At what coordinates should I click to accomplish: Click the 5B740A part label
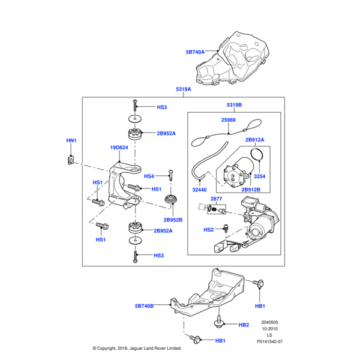coord(195,52)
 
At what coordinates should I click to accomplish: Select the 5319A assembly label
coord(183,89)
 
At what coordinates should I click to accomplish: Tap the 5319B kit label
coord(234,105)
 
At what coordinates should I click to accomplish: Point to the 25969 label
coord(228,120)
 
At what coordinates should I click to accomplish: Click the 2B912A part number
coord(254,140)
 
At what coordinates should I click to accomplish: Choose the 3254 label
coord(259,176)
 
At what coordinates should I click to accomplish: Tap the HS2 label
coord(209,230)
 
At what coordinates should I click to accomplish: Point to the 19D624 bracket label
coord(119,148)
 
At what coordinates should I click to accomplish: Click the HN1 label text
coord(71,141)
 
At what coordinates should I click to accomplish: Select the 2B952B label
coord(173,220)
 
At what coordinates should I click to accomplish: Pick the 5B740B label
coord(144,305)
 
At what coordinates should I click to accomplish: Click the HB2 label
coord(244,325)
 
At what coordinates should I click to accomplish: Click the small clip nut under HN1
coord(71,160)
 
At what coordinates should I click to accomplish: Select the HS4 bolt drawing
coord(170,175)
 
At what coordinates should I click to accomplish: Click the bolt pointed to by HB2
coord(219,322)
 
